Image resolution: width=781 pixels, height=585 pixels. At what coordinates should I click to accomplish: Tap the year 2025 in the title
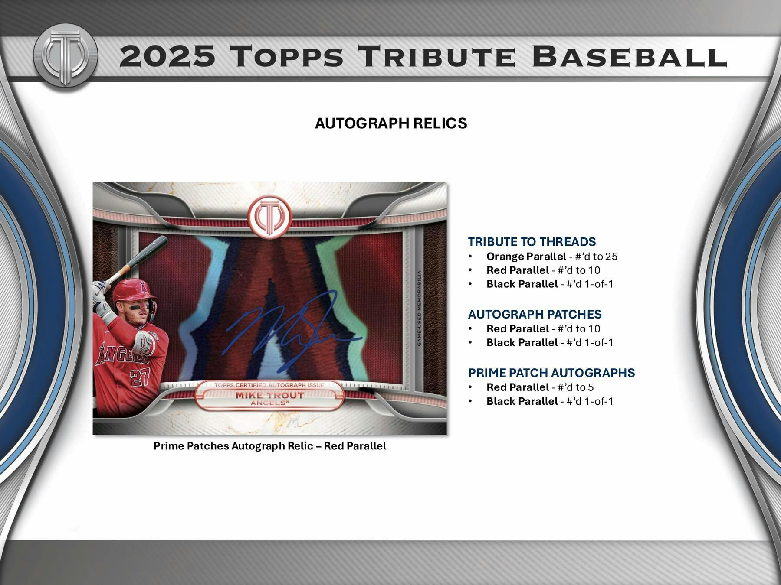pos(167,57)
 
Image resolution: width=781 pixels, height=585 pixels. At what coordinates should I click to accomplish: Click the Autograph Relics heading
pos(391,123)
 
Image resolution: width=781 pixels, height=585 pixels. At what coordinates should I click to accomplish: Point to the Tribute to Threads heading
pos(532,242)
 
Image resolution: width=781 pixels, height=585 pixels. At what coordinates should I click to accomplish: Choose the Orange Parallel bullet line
pos(551,257)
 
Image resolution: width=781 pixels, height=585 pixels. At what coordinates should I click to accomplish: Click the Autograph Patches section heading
pos(535,314)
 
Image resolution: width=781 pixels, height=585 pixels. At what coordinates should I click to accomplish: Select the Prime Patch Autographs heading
pos(551,373)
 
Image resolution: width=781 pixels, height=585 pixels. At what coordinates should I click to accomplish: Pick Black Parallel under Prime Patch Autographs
pos(550,401)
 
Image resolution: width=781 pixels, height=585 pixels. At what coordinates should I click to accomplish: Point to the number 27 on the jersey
pos(141,377)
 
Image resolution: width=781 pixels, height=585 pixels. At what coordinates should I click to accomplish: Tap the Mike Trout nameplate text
pos(269,395)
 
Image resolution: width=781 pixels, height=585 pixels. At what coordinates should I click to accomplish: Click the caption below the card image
pos(269,446)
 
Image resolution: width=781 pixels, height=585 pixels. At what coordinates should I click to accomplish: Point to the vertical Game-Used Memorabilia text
pos(419,308)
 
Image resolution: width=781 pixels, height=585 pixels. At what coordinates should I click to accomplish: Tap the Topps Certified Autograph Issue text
pos(269,385)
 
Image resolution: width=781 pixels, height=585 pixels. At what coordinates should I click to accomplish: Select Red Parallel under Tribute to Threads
pos(543,270)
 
